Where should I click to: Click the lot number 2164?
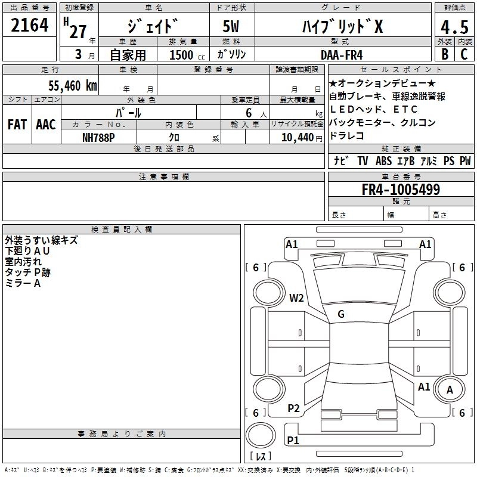30,26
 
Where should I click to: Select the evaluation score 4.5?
454,28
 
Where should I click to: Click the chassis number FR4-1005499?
401,190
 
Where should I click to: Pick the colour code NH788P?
99,137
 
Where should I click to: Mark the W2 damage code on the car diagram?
296,298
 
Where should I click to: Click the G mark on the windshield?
341,314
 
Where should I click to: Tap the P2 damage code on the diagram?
293,408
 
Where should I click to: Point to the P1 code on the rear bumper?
293,440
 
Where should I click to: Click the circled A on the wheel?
451,390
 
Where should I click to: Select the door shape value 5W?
233,26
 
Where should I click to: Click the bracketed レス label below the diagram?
260,456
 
